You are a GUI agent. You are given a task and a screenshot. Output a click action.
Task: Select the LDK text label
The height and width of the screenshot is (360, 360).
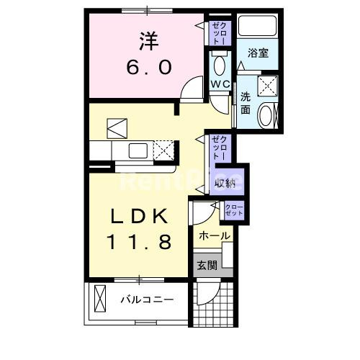(x=140, y=215)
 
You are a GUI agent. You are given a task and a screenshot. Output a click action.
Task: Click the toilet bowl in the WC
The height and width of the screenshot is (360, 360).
(x=220, y=65)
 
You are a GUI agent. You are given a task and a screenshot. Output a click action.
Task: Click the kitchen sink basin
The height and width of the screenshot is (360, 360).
(x=137, y=150)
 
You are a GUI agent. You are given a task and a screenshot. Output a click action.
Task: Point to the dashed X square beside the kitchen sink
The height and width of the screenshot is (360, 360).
(x=165, y=151)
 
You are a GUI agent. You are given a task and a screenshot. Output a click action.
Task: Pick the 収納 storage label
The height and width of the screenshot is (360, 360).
(x=226, y=182)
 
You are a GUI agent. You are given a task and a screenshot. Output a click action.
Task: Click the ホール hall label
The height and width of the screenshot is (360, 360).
(x=214, y=236)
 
